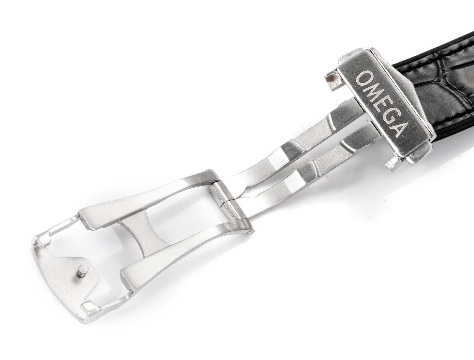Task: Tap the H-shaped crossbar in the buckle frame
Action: coord(145,232)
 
